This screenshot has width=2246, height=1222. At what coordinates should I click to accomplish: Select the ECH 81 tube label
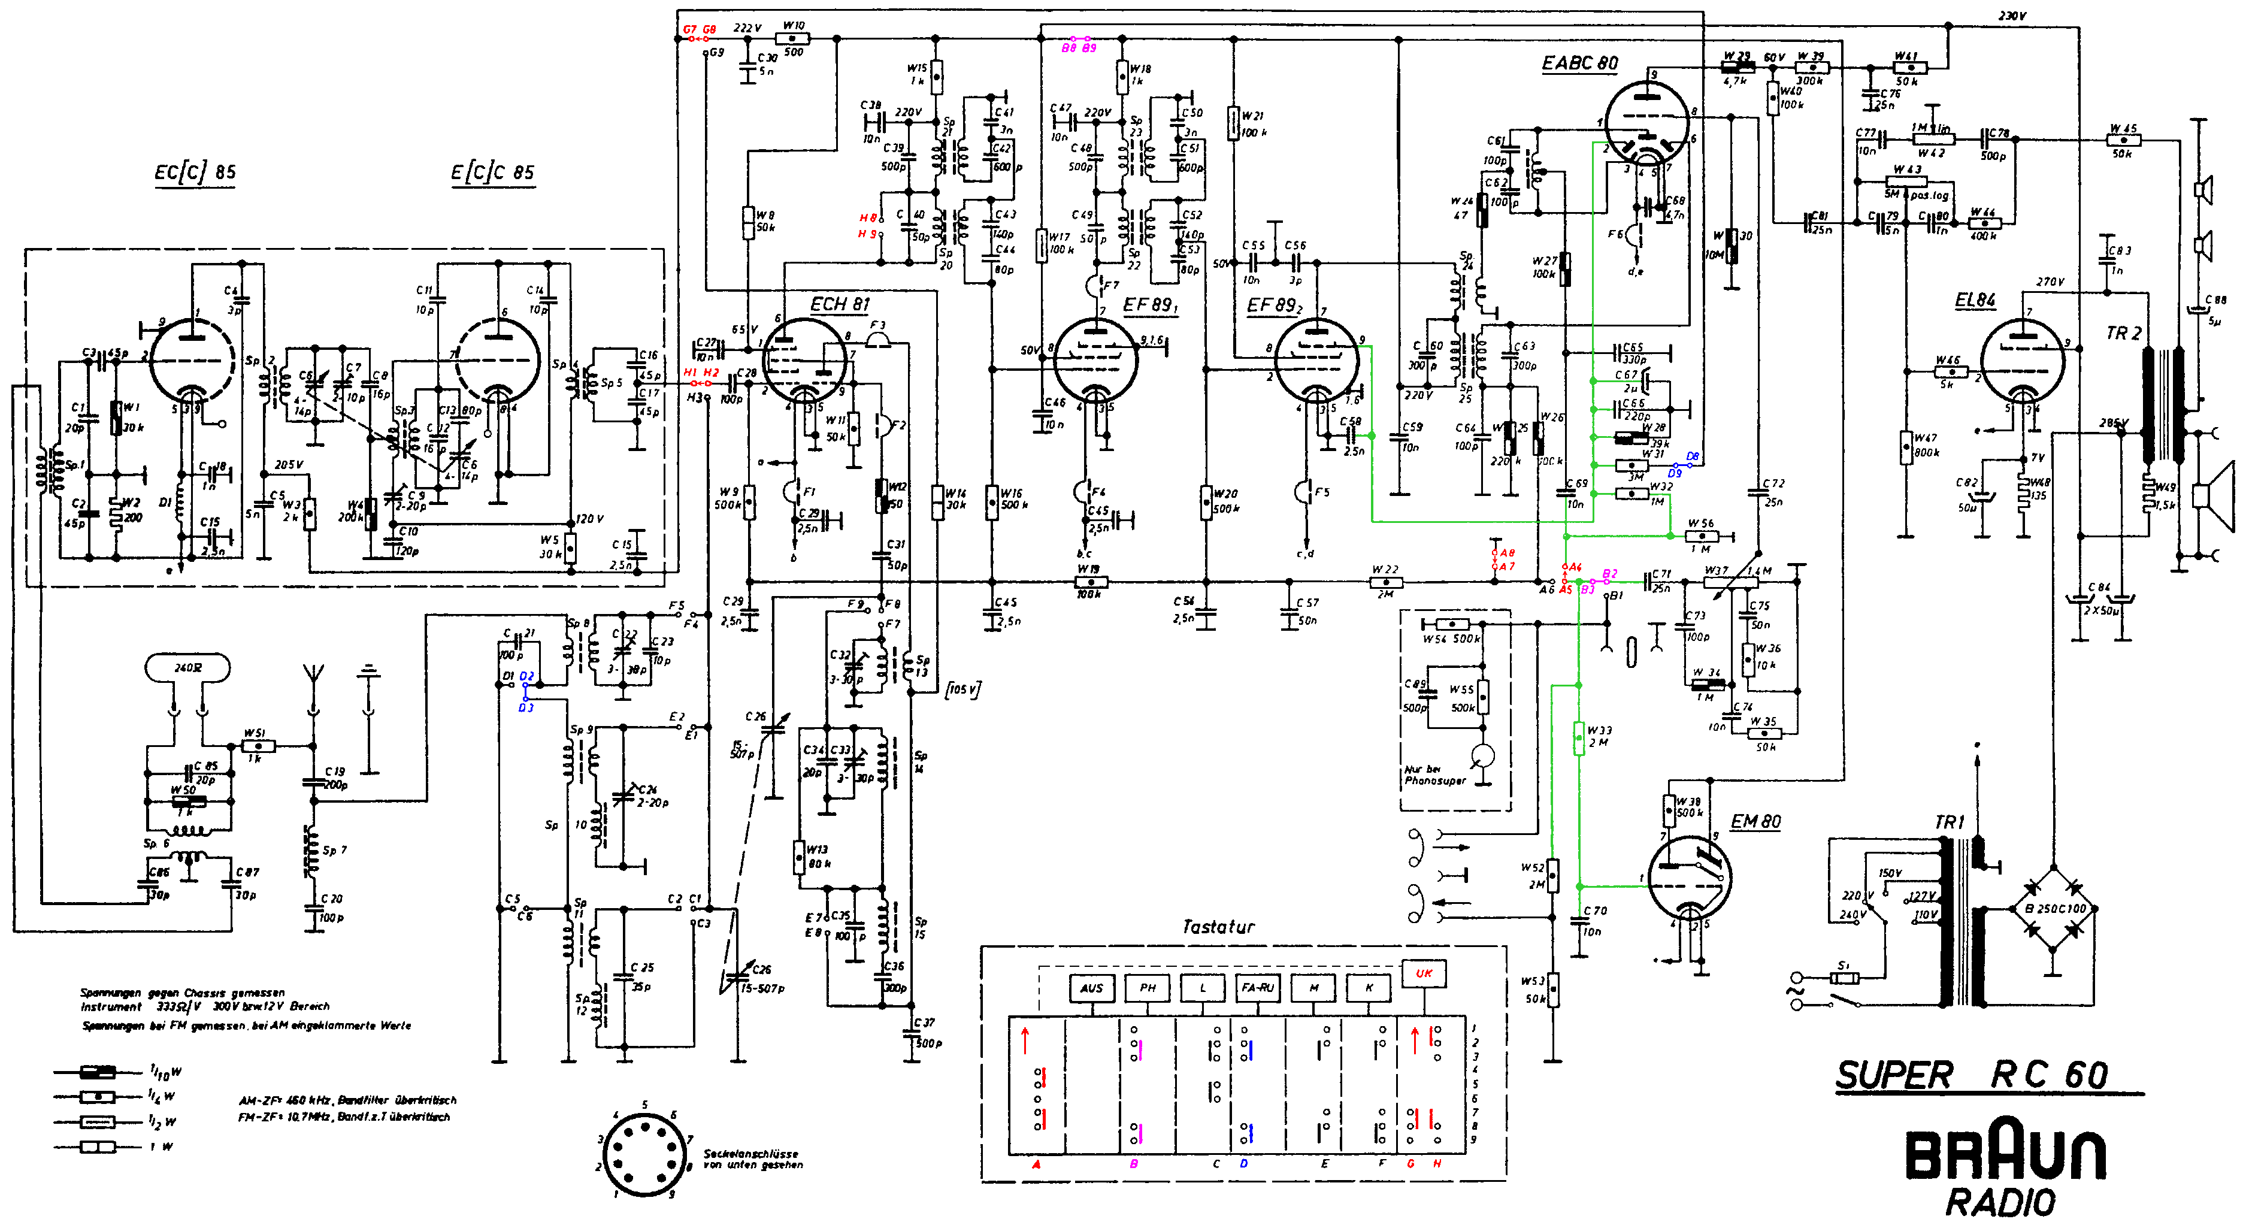pos(840,304)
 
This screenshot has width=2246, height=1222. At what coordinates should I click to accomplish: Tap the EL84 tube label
pos(1975,300)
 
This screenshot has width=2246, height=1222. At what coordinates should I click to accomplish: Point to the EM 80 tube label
pos(1755,822)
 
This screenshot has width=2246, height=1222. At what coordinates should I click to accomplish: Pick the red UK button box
pos(1424,973)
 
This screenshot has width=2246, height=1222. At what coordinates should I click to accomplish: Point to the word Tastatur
pos(1218,926)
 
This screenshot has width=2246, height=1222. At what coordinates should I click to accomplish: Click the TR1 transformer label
pos(1950,822)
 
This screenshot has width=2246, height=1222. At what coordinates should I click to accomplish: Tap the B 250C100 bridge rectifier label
pos(2055,909)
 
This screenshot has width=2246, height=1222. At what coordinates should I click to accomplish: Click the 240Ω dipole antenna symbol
pos(187,668)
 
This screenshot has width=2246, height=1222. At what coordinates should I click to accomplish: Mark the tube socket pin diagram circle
pos(644,1154)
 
